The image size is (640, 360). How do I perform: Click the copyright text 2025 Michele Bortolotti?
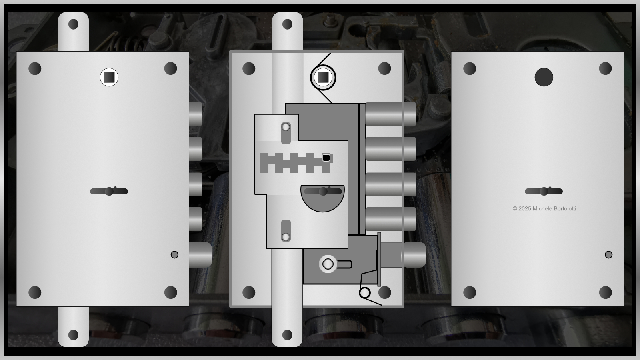point(544,208)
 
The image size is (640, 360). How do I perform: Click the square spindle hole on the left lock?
point(109,77)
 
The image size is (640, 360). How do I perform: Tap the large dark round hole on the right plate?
point(544,77)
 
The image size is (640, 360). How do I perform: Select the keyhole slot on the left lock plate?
point(109,191)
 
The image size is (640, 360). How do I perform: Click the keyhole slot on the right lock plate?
point(544,191)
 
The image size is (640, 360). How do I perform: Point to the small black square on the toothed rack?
point(326,158)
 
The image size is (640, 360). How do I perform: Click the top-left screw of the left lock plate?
point(35,68)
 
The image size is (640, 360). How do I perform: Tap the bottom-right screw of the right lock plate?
point(605,292)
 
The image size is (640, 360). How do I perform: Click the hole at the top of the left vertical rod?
point(74,24)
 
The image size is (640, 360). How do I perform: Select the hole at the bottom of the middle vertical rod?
point(287,335)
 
